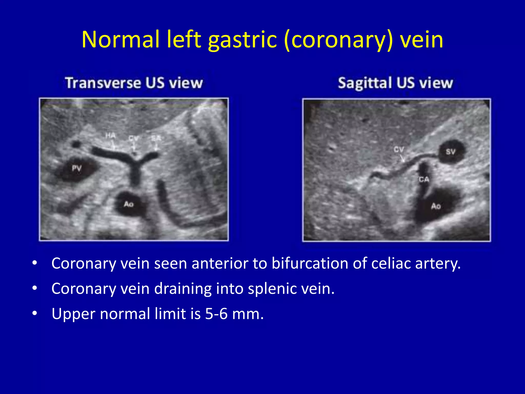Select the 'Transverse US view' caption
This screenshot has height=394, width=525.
tap(134, 83)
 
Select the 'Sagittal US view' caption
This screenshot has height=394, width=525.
tap(395, 83)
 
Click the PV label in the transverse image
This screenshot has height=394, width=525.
tap(76, 169)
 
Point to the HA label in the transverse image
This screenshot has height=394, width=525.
tap(110, 135)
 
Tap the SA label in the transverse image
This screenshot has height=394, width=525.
tap(156, 138)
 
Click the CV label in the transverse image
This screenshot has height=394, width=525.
tap(133, 139)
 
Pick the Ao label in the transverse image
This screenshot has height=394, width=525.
tap(128, 204)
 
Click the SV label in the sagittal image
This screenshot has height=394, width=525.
tap(450, 152)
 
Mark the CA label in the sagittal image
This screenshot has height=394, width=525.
tap(424, 179)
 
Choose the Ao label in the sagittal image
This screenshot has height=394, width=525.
tap(436, 206)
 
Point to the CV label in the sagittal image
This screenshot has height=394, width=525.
tap(399, 149)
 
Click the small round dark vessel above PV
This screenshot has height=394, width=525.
tap(76, 144)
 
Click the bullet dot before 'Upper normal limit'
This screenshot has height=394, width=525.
tap(35, 313)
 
